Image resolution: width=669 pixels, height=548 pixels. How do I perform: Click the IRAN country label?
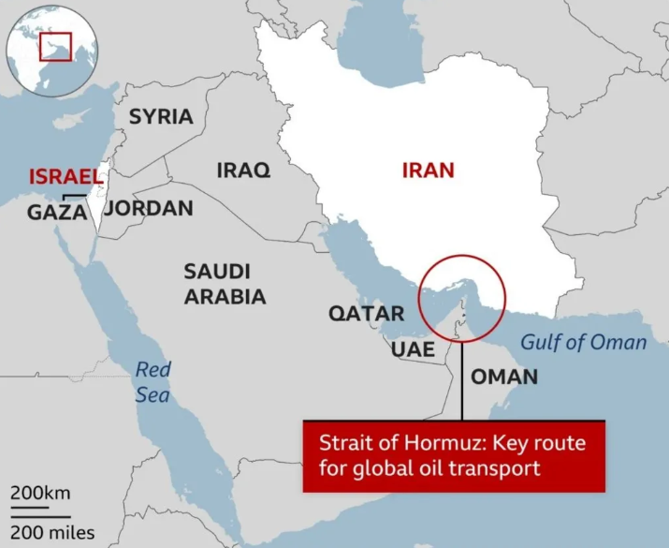tap(428, 170)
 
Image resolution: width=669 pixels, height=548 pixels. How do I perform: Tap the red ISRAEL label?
tap(65, 177)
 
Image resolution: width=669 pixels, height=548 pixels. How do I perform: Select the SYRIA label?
tap(161, 117)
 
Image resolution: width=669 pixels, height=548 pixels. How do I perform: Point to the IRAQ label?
tap(243, 170)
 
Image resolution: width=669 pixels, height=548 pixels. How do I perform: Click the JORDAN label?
tap(149, 209)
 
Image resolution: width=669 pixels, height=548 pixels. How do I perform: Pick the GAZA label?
tap(57, 213)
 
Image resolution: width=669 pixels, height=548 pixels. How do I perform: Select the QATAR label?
tap(366, 314)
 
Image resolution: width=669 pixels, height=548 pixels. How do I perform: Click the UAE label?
tap(413, 349)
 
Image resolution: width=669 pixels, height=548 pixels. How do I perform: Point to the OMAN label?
tap(504, 378)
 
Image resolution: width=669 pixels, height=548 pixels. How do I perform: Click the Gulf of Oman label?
tap(584, 342)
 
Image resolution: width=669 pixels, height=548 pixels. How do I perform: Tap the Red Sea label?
tap(153, 382)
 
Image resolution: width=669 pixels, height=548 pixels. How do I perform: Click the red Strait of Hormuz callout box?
tap(453, 455)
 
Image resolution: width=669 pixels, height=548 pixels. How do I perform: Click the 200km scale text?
tap(40, 493)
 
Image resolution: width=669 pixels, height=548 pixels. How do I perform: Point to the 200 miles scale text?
tap(52, 533)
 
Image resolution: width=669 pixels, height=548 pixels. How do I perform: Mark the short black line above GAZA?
tap(75, 196)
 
